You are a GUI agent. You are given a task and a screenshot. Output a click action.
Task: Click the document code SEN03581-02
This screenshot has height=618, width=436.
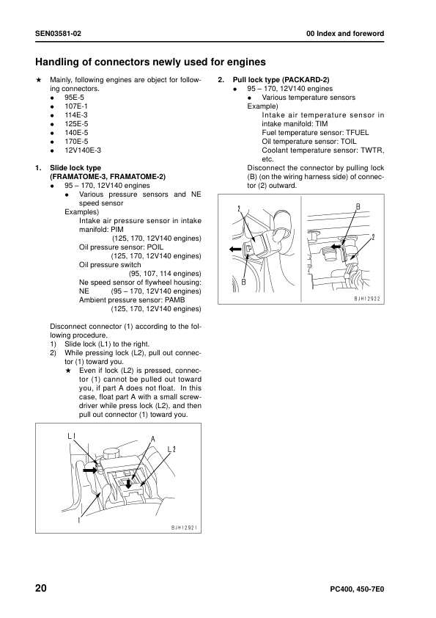click(x=58, y=34)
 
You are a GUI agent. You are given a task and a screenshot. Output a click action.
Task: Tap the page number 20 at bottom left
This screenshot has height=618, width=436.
click(x=41, y=589)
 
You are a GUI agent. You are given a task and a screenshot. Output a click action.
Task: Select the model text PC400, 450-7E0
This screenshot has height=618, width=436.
click(x=357, y=589)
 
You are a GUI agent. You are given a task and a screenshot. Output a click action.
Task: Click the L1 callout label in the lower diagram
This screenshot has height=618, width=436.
click(x=71, y=436)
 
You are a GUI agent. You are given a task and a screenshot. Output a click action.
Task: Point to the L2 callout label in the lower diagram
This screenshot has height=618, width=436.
click(x=171, y=449)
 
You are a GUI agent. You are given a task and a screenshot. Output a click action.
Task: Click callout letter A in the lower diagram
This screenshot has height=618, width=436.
click(x=153, y=439)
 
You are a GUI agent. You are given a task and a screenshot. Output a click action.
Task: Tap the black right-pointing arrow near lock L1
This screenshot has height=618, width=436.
click(x=89, y=470)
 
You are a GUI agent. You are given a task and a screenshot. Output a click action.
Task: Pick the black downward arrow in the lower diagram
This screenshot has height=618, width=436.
click(x=128, y=483)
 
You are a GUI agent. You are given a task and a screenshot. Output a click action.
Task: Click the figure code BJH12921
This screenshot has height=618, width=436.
click(x=184, y=528)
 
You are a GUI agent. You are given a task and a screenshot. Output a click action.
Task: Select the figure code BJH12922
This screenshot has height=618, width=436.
click(x=367, y=299)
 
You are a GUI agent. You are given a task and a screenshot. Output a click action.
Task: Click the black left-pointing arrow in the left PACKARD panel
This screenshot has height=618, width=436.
click(x=235, y=249)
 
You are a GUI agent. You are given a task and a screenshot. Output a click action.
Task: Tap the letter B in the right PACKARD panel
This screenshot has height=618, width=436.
click(x=358, y=206)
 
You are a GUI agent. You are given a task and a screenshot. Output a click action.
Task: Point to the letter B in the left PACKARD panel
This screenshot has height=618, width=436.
click(x=243, y=282)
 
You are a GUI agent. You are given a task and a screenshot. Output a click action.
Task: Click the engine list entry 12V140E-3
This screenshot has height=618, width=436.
click(x=83, y=150)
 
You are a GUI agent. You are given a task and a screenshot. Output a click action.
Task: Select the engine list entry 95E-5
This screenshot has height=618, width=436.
click(x=74, y=98)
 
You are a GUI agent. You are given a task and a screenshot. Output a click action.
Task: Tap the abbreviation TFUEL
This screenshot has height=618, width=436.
click(x=358, y=133)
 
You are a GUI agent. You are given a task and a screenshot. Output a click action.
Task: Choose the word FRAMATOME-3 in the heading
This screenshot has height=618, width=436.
click(x=75, y=177)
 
